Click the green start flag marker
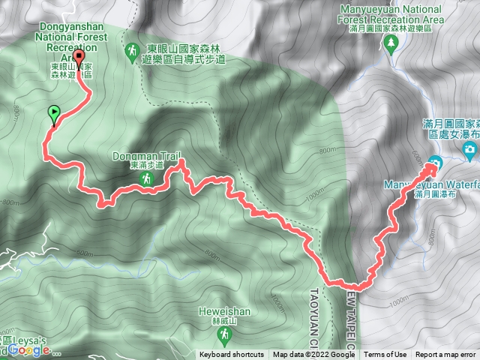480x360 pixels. point(54,115)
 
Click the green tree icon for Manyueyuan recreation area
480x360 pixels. point(390,45)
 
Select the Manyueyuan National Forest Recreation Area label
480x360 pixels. point(388,15)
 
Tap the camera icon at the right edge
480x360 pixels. point(470,153)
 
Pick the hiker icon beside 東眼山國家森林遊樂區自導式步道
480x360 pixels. point(132,50)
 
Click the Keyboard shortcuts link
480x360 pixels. point(232,355)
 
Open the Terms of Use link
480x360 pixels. point(386,355)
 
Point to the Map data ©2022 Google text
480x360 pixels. point(313,355)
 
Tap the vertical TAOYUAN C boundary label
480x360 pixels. point(314,308)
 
